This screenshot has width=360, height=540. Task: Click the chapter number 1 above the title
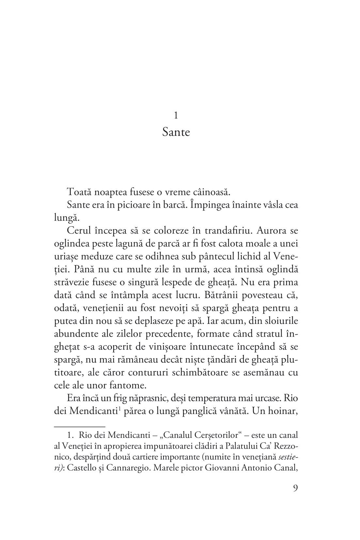tap(176, 115)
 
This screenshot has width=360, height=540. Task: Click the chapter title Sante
tap(176, 133)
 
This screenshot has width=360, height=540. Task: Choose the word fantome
tap(128, 385)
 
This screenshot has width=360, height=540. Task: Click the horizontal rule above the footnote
tap(80, 426)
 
